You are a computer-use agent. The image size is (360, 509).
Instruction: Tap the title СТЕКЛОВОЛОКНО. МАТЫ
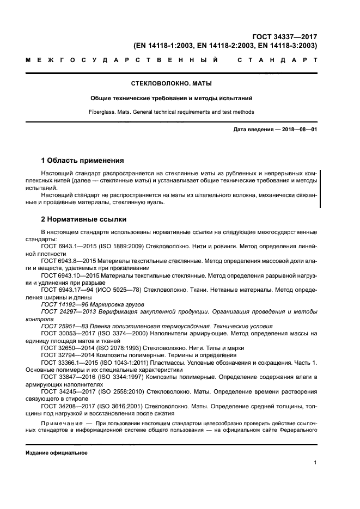coord(172,84)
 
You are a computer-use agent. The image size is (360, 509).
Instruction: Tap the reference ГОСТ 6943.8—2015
coord(65,261)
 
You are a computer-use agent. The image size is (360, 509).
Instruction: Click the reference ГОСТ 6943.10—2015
coord(66,275)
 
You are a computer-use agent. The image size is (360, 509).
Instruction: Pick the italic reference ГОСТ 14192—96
coord(63,304)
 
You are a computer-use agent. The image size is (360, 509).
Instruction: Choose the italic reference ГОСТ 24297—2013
coord(66,311)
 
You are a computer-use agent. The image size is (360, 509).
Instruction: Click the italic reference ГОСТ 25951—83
coord(63,326)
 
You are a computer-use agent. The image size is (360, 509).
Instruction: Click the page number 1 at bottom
coord(315,463)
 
